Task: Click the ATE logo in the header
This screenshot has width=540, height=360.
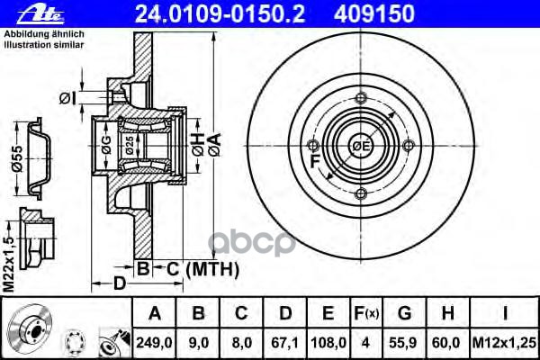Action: (x=40, y=14)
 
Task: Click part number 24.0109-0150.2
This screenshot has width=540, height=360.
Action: (x=220, y=13)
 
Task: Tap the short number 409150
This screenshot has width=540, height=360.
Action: (x=374, y=13)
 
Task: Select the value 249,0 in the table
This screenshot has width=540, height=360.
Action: (x=154, y=343)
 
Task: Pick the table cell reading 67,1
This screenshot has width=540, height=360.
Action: (x=284, y=343)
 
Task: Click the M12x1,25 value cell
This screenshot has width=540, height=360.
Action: (x=504, y=343)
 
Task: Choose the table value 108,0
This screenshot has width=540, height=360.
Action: (x=328, y=343)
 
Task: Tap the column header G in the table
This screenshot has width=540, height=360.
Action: (x=405, y=313)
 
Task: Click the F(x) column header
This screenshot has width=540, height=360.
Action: (x=366, y=313)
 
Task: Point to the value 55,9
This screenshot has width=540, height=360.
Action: (x=403, y=343)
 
